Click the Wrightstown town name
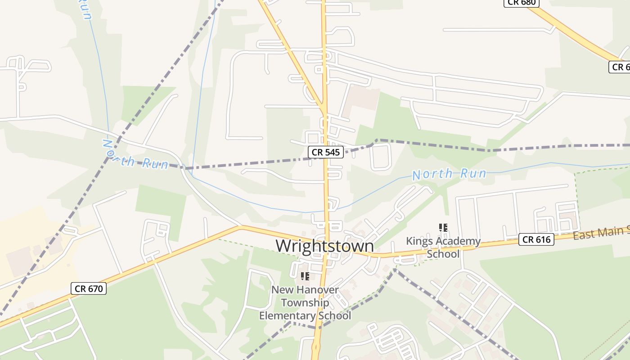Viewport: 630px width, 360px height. coord(324,246)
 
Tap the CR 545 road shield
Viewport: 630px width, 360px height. coord(326,152)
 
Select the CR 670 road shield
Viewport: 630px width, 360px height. coord(88,289)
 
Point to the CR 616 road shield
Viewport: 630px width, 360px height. coord(535,239)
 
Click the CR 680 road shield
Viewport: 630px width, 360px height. coord(521,3)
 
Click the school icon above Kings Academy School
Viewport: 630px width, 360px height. coord(443,228)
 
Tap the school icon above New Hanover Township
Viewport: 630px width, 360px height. coord(305,276)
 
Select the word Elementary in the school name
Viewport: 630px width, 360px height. coord(287,315)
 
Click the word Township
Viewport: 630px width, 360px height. coord(305,303)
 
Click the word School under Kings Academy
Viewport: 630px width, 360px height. coord(443,254)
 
